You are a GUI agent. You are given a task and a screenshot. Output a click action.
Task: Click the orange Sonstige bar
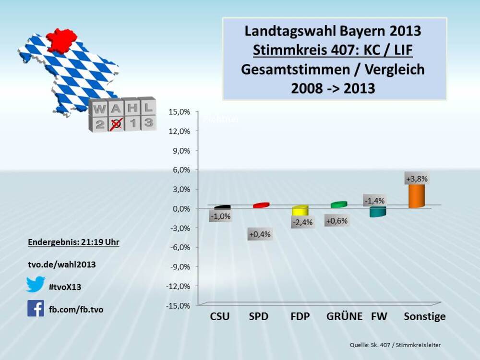(x=416, y=196)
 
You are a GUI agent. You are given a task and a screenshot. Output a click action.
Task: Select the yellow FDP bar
(x=299, y=210)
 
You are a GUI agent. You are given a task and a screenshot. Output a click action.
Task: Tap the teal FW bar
(x=378, y=212)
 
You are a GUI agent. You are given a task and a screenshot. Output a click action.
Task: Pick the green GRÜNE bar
(x=339, y=204)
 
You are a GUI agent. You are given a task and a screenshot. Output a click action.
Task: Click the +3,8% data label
(x=417, y=179)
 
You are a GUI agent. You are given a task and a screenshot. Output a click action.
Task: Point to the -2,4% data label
(x=302, y=222)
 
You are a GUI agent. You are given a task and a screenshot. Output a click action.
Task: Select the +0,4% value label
(x=260, y=234)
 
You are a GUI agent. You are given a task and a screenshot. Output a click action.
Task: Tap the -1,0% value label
(x=220, y=216)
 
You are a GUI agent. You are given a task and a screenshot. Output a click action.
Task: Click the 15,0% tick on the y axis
(x=179, y=111)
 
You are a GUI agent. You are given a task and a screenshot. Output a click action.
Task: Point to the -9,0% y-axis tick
(x=179, y=266)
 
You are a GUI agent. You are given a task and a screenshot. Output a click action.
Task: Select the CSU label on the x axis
(x=220, y=316)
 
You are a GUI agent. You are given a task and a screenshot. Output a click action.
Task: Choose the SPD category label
(x=258, y=316)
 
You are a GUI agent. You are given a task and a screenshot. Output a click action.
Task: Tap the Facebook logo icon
(x=36, y=309)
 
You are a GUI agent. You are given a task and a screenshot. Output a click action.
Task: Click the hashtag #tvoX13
(x=65, y=287)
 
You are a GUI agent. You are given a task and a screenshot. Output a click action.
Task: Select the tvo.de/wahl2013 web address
(x=61, y=264)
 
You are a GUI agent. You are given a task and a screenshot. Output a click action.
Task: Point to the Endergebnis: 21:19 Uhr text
(x=73, y=242)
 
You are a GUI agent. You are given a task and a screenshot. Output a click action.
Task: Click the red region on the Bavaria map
(x=62, y=39)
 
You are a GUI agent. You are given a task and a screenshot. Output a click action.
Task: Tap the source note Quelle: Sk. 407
(x=395, y=345)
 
